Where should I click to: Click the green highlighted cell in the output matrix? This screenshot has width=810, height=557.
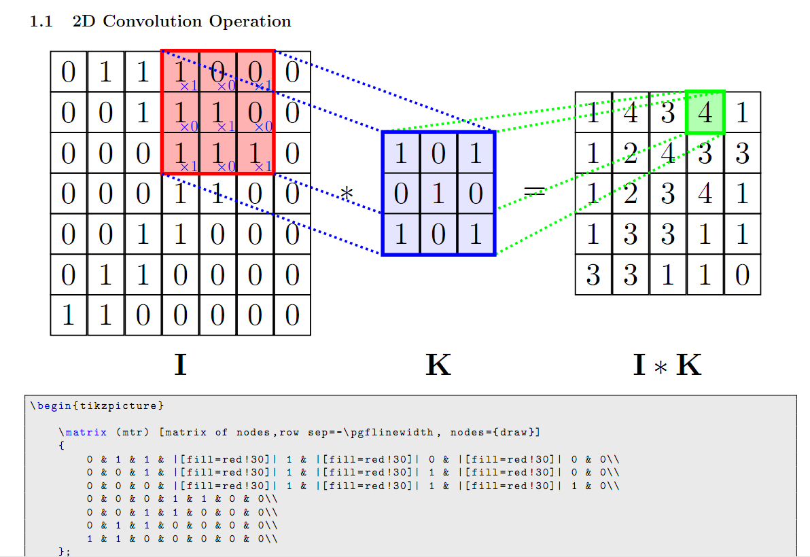pos(705,112)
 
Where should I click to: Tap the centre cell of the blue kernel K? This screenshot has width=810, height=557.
pos(438,194)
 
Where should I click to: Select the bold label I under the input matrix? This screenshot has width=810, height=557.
pos(180,365)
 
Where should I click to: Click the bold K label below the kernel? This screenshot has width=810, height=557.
pos(438,365)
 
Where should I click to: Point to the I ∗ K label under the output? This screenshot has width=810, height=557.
pos(667,365)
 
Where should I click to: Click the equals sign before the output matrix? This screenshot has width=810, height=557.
pos(535,193)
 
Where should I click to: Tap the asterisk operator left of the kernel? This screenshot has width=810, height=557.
pos(347,194)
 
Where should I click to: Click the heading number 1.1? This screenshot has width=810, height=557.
pos(41,22)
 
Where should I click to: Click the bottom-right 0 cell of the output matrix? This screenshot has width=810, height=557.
pos(742,275)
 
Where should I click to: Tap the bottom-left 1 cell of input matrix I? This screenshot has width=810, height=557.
pos(68,315)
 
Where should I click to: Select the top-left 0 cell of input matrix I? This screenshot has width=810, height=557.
pos(68,71)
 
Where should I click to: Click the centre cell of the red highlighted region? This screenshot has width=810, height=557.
pos(217,112)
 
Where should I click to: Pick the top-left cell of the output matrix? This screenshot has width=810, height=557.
pos(593,112)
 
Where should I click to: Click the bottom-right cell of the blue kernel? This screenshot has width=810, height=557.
pos(476,234)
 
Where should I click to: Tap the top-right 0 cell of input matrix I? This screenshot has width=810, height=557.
pos(292,71)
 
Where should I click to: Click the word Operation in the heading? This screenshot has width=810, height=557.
pos(250,22)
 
